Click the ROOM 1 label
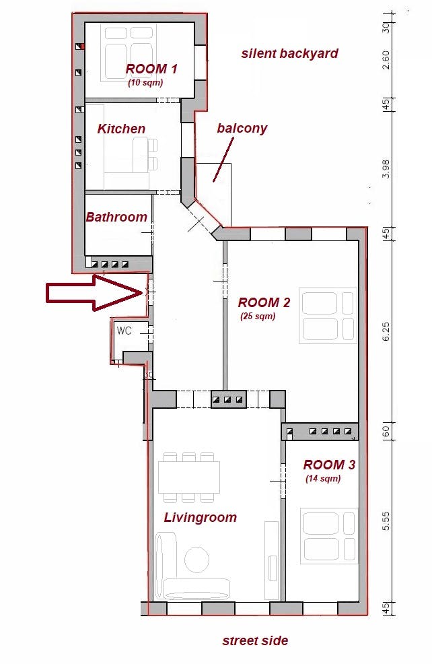[151, 69]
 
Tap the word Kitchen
[121, 129]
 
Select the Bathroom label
[116, 217]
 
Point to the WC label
[124, 330]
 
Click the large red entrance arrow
[94, 293]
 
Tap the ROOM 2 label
[264, 302]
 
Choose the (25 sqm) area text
[258, 316]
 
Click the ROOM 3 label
[329, 465]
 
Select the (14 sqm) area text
[323, 479]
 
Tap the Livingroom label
[200, 517]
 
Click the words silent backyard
[290, 53]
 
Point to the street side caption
[255, 640]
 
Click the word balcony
[242, 129]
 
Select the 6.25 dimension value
[386, 331]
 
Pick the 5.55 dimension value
[386, 521]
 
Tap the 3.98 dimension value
[386, 168]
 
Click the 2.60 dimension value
[386, 60]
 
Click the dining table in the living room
[189, 477]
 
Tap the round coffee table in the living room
[196, 560]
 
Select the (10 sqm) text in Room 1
[145, 83]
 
